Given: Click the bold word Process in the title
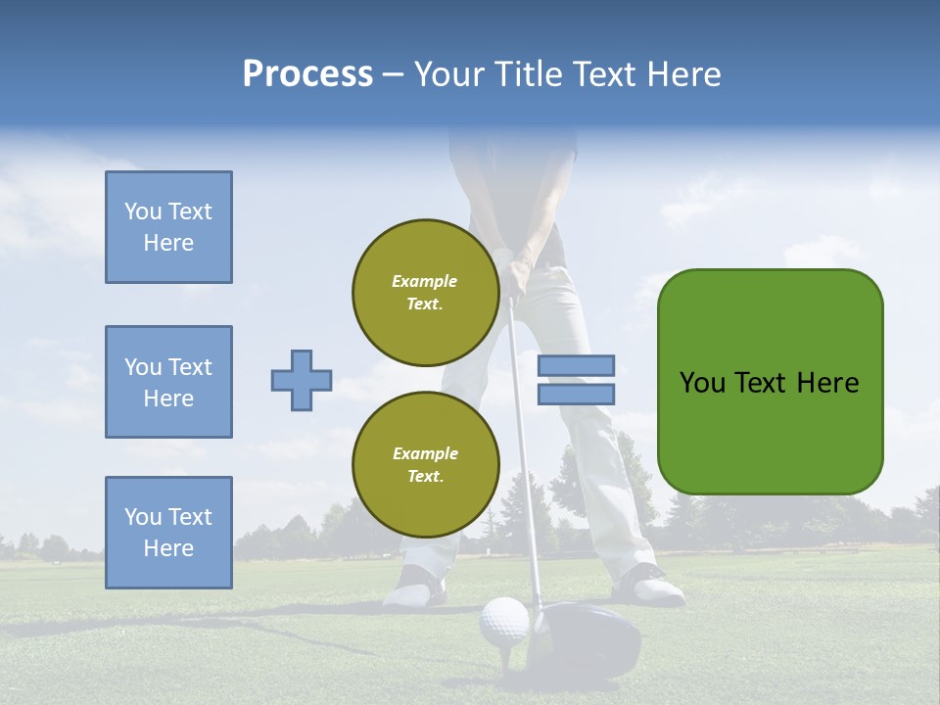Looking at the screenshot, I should click(x=307, y=74).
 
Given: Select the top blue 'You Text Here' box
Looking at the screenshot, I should click(x=168, y=227).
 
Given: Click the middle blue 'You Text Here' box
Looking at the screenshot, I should click(x=168, y=382).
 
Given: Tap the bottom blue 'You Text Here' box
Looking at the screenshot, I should click(x=168, y=533).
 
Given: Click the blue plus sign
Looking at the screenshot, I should click(x=302, y=380).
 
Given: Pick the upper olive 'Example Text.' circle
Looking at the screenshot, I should click(x=425, y=292).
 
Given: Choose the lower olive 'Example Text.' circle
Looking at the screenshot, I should click(x=425, y=464).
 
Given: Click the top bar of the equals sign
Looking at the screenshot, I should click(x=576, y=365).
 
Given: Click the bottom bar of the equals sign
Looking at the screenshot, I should click(x=576, y=394).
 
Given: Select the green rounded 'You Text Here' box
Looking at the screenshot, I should click(x=770, y=382).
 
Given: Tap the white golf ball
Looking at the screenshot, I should click(x=503, y=620).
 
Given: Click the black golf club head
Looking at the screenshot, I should click(x=587, y=636).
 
